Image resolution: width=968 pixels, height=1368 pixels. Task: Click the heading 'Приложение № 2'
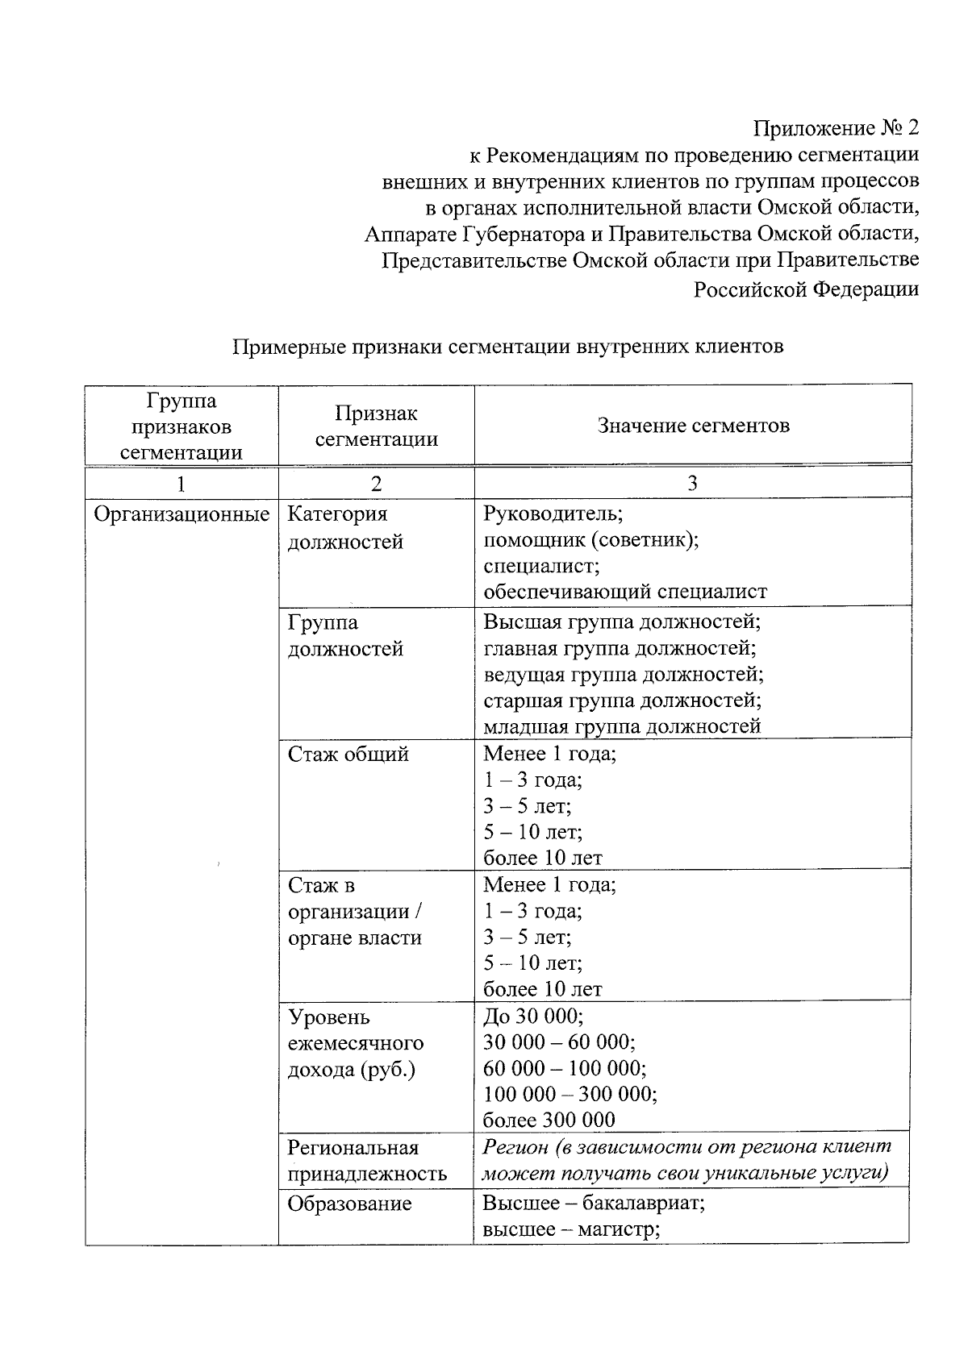pos(836,128)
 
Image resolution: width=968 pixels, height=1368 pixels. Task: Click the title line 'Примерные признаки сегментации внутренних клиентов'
pos(508,347)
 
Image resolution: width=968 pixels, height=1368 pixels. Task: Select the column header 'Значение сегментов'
pos(693,426)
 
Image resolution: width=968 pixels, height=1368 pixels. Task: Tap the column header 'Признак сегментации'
pos(376,426)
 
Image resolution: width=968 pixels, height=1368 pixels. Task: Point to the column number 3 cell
pos(692,483)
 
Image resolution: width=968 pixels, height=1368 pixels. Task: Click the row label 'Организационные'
pos(181,514)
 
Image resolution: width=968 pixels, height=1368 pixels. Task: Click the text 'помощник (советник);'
pos(590,540)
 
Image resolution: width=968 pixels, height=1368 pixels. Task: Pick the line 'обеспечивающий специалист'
pos(625,592)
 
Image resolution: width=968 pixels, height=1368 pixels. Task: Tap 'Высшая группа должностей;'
pos(622,622)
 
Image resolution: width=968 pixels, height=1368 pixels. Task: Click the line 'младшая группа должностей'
pos(621,726)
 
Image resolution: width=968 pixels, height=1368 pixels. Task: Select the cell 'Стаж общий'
pos(348,755)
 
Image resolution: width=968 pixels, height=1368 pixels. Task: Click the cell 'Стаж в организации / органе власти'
pos(355,912)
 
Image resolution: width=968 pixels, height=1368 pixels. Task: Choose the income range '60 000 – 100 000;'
pos(564,1068)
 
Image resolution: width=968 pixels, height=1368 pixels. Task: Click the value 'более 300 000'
pos(549,1120)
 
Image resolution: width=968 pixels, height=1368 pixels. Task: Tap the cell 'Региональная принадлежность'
pos(367,1161)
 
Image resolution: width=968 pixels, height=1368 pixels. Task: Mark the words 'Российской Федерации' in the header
pos(806,289)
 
